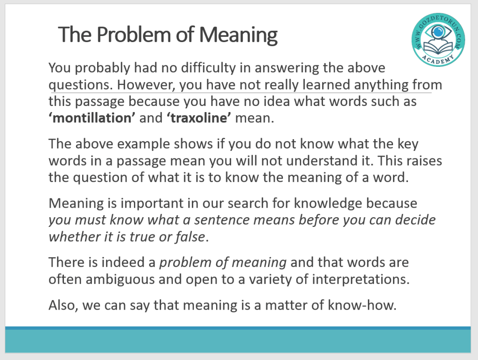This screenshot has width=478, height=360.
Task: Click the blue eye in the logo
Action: [438, 32]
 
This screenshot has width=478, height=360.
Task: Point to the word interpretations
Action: [361, 280]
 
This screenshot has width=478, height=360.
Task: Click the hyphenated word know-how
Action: [362, 305]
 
